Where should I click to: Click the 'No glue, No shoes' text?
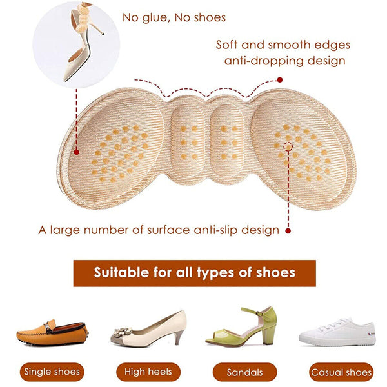point(174,18)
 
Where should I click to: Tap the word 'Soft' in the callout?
point(226,45)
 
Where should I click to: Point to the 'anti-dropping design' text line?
point(285,61)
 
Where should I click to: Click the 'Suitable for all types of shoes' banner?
point(195,273)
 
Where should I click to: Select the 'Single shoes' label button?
point(52,372)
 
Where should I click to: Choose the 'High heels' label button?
point(148,372)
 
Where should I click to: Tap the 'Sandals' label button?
point(245,372)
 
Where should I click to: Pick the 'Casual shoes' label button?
point(341,372)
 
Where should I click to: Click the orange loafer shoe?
point(53,332)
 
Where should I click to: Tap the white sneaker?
point(337,332)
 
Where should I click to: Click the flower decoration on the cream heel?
point(122,332)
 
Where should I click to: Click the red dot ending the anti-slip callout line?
point(288,231)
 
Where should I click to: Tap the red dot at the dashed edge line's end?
point(280,80)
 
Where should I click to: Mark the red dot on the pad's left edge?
point(77,152)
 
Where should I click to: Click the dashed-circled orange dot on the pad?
point(288,147)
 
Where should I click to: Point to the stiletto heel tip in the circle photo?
point(103,34)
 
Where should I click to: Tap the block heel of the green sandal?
point(268,334)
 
